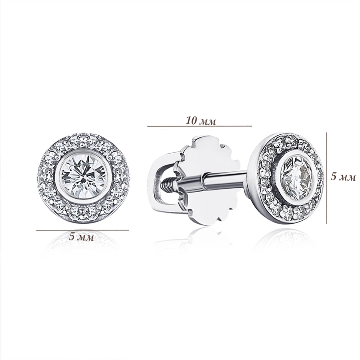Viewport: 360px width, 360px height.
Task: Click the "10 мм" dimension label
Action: [x=201, y=121]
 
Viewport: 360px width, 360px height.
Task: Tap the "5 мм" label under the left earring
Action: [x=81, y=237]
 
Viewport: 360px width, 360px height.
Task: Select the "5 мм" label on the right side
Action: [x=343, y=177]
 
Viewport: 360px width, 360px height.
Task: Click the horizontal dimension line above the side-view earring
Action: [x=199, y=126]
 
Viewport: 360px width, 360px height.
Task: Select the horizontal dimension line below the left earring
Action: [x=83, y=230]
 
